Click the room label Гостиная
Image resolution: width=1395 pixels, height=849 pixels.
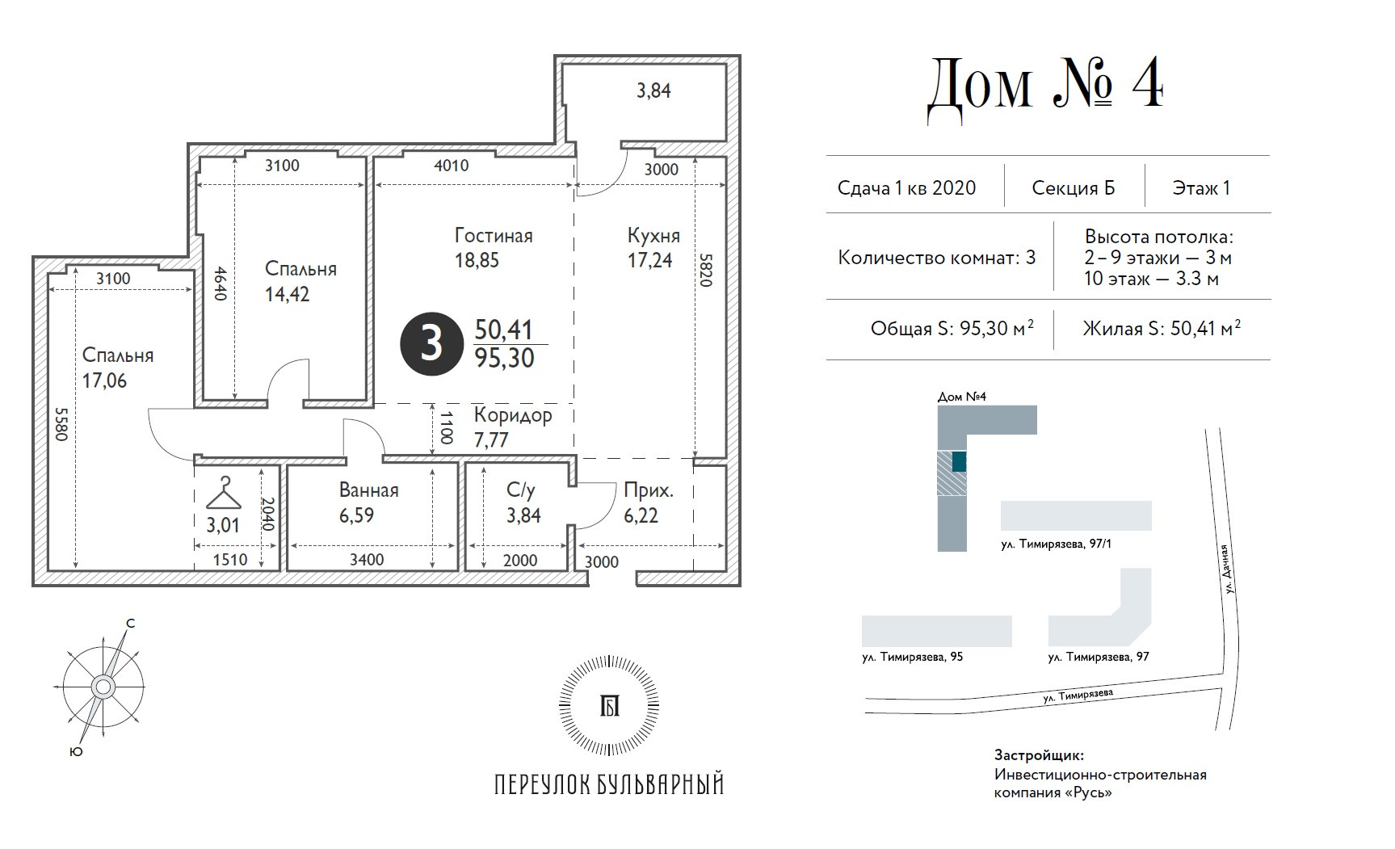494,236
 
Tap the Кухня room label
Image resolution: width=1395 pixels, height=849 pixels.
653,236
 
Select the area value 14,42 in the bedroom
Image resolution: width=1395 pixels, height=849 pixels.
287,294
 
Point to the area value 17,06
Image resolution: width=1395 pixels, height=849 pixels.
104,380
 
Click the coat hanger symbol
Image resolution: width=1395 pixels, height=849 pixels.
224,492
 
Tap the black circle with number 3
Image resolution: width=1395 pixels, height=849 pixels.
431,343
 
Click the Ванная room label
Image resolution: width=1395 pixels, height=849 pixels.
368,490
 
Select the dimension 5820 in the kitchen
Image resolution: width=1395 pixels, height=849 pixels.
706,271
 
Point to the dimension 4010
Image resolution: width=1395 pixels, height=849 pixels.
451,166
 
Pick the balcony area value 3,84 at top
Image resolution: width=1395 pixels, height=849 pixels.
653,91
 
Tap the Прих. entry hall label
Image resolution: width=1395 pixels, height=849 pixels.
649,490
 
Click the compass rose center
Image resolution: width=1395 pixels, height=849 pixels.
103,687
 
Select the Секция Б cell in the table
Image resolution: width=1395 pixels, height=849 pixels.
1074,188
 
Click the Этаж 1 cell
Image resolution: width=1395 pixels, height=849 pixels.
1201,188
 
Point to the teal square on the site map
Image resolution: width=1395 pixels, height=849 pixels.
959,461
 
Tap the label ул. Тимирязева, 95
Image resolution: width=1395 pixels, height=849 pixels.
912,657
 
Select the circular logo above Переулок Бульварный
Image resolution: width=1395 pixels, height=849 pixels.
609,705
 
